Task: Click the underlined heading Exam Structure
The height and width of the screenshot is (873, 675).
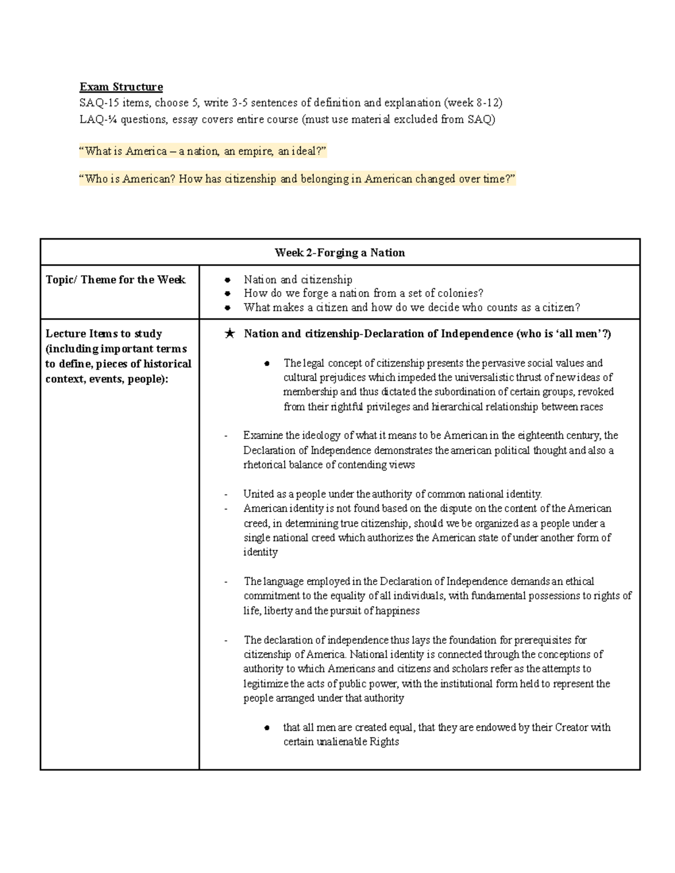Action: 121,87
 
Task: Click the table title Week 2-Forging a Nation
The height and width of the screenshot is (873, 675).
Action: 340,252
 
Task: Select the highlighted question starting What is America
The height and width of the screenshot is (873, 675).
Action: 203,151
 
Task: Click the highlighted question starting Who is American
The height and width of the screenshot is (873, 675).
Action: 297,179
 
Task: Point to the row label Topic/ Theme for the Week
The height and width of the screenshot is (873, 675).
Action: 115,279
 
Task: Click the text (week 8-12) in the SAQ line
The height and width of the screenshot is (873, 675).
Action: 472,102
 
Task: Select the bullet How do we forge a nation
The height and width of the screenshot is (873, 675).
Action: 363,293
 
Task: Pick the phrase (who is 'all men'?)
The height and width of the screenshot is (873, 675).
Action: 563,334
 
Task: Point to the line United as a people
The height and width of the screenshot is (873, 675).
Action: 392,494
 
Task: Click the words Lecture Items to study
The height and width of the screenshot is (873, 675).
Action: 103,333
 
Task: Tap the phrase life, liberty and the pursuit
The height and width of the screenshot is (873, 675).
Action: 304,610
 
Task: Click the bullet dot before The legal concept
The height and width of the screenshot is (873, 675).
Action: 268,364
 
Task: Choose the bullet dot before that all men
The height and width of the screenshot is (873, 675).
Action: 268,728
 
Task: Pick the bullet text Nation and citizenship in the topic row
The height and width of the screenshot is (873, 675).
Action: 298,279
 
